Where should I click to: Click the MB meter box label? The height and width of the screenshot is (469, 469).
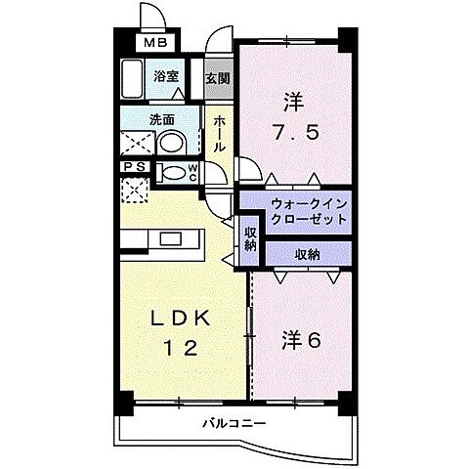156,43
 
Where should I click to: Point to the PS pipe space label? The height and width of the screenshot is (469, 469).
135,167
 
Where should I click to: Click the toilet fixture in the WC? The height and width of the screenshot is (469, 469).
174,174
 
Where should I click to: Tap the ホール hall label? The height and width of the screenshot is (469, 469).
220,130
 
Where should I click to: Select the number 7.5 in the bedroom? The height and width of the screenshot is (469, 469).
292,131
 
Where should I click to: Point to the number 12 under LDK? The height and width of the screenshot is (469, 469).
182,348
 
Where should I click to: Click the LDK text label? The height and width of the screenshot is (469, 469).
182,319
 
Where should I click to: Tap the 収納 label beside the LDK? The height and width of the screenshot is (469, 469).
251,238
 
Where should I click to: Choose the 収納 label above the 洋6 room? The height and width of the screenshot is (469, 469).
307,254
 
